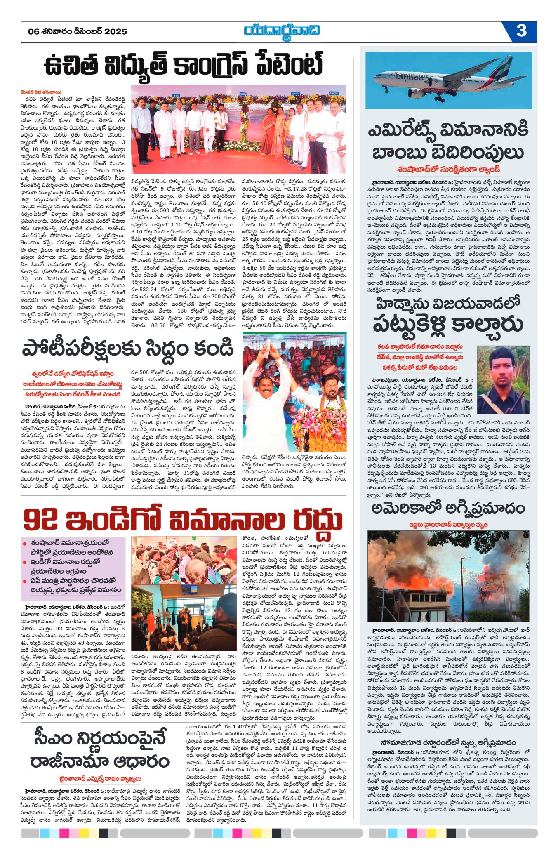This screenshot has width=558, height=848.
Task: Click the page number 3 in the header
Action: [x=521, y=31]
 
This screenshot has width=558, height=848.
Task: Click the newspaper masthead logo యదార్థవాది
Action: [x=281, y=31]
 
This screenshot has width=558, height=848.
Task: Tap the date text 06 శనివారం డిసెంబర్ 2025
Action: [x=78, y=32]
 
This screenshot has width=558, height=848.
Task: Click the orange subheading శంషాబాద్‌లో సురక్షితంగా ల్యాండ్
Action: [x=448, y=169]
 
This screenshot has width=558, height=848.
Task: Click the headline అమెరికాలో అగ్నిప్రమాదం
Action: [x=448, y=509]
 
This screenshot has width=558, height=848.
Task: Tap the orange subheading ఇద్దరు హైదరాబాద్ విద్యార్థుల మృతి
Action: [x=448, y=525]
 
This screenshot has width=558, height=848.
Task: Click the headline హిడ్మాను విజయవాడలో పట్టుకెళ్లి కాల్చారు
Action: [x=448, y=315]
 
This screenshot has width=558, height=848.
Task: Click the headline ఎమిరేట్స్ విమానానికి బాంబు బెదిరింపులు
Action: [x=448, y=141]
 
